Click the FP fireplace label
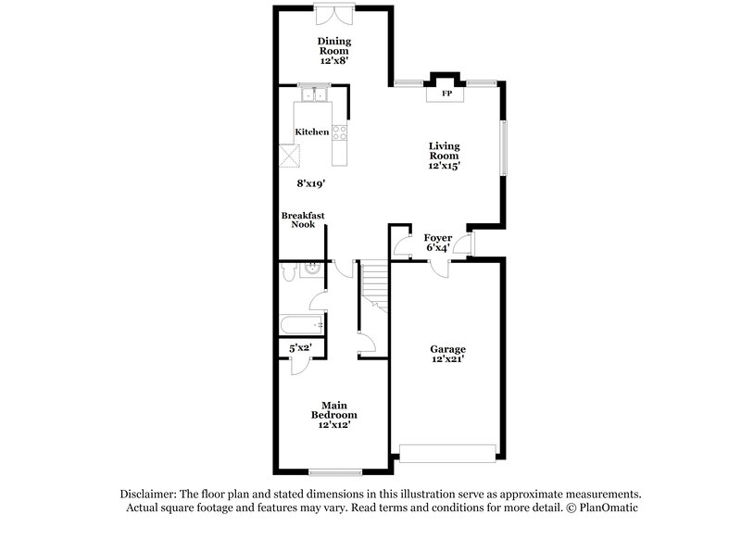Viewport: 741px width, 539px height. pyautogui.click(x=446, y=94)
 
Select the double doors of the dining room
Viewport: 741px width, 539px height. pyautogui.click(x=334, y=14)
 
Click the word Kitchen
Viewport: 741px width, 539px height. pyautogui.click(x=312, y=132)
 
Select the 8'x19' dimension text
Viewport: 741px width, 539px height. pyautogui.click(x=312, y=184)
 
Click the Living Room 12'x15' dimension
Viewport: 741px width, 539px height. pyautogui.click(x=445, y=166)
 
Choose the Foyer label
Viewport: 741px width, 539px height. pyautogui.click(x=438, y=238)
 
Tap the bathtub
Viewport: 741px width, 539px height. pyautogui.click(x=301, y=325)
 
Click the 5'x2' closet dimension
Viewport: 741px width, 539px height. pyautogui.click(x=300, y=347)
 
